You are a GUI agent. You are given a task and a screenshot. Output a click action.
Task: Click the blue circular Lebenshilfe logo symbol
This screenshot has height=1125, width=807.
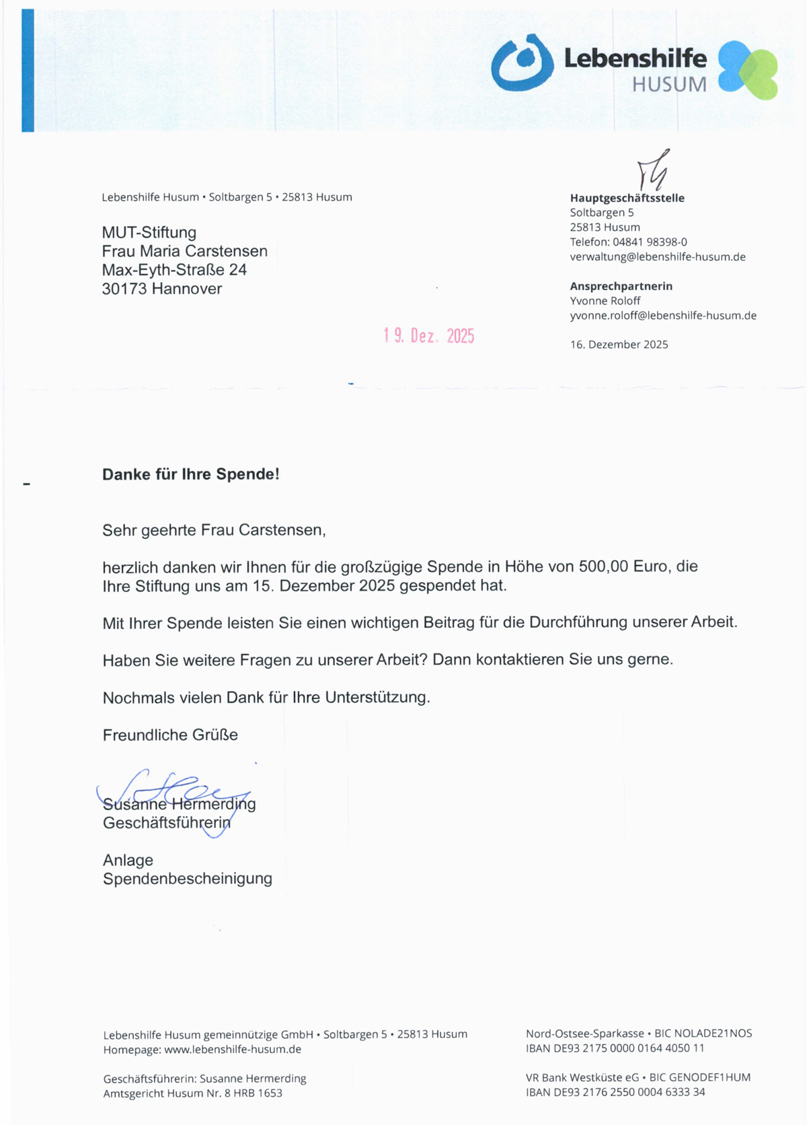point(522,63)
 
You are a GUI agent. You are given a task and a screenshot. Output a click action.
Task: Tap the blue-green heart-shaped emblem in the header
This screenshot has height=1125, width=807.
point(747,69)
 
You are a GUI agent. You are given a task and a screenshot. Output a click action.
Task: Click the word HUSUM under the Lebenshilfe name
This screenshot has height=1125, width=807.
point(669,85)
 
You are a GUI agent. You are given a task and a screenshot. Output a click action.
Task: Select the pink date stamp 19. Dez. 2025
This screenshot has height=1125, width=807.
point(429,336)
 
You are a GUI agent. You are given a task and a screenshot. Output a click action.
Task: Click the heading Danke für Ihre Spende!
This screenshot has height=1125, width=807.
point(190,474)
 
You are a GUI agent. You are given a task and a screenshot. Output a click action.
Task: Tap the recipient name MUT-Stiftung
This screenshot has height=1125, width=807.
point(149,233)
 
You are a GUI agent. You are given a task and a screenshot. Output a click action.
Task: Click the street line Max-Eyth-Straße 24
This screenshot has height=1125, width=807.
point(174,270)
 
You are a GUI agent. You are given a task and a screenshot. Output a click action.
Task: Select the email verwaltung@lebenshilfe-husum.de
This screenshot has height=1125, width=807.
point(657,257)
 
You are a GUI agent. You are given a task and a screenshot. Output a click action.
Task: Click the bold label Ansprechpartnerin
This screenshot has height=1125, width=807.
point(621,286)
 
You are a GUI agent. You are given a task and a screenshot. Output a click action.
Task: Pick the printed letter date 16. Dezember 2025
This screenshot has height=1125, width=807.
point(619,344)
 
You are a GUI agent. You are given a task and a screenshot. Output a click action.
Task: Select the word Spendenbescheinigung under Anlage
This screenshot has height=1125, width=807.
point(187,879)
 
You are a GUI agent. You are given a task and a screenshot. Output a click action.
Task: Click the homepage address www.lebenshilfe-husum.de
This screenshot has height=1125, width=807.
point(233,1050)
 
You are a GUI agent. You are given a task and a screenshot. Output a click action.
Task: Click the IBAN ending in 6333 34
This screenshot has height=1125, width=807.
point(615,1092)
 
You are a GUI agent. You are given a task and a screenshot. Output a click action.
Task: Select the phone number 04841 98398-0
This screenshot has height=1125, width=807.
point(650,242)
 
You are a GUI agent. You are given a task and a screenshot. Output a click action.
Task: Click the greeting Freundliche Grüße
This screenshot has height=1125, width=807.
point(170,735)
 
